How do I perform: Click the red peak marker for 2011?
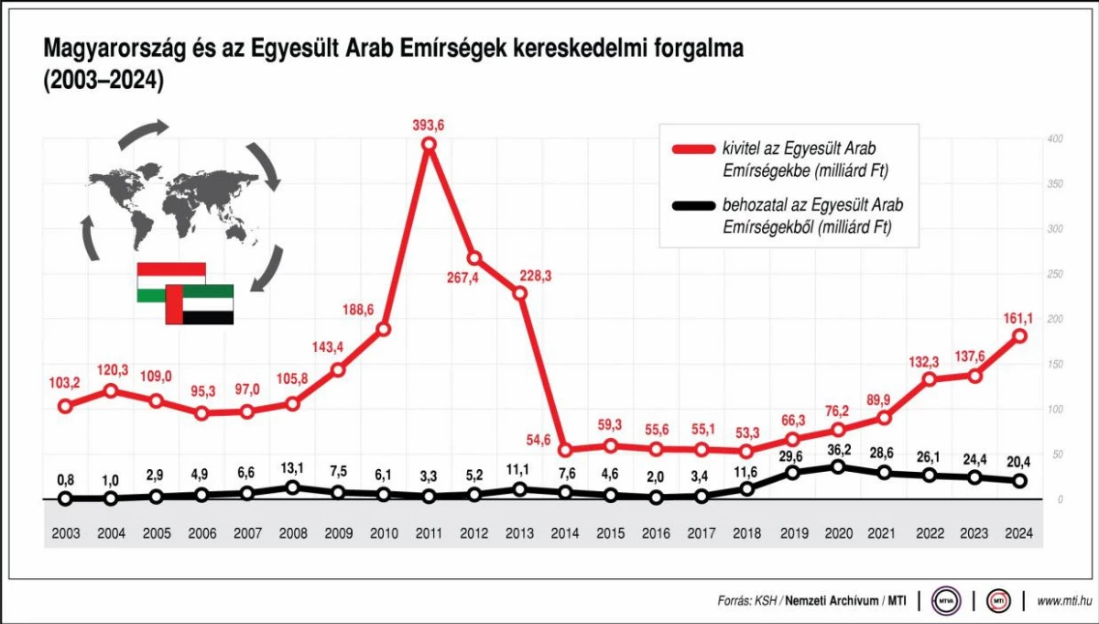tap(429, 143)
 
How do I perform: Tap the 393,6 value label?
tap(429, 124)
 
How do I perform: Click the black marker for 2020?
tap(838, 466)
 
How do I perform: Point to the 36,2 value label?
tap(838, 448)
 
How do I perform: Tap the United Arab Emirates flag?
tap(199, 304)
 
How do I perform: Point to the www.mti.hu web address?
tap(1063, 601)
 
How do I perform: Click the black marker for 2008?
tap(292, 487)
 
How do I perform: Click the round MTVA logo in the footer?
tap(945, 601)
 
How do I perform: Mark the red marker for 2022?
tap(930, 379)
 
